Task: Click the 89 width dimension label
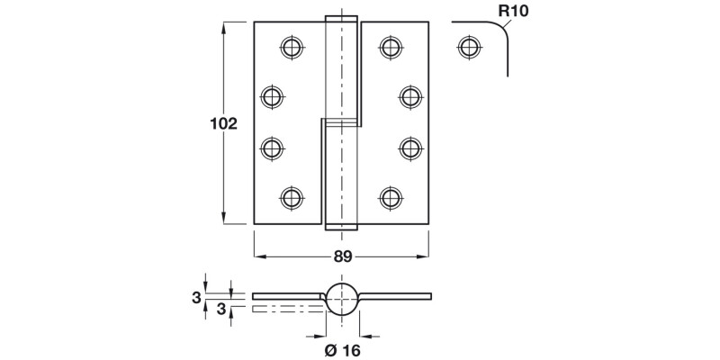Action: click(x=342, y=256)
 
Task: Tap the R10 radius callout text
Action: click(x=514, y=12)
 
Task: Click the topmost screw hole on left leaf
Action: click(x=291, y=46)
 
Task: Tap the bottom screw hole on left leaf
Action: click(x=291, y=197)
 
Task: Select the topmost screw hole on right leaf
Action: click(x=390, y=46)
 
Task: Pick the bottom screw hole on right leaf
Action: click(x=390, y=197)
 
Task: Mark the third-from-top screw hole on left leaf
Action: click(x=272, y=147)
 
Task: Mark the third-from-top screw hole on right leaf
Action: click(x=410, y=147)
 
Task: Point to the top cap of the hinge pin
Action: click(x=341, y=18)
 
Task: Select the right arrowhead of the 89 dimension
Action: click(x=424, y=256)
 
